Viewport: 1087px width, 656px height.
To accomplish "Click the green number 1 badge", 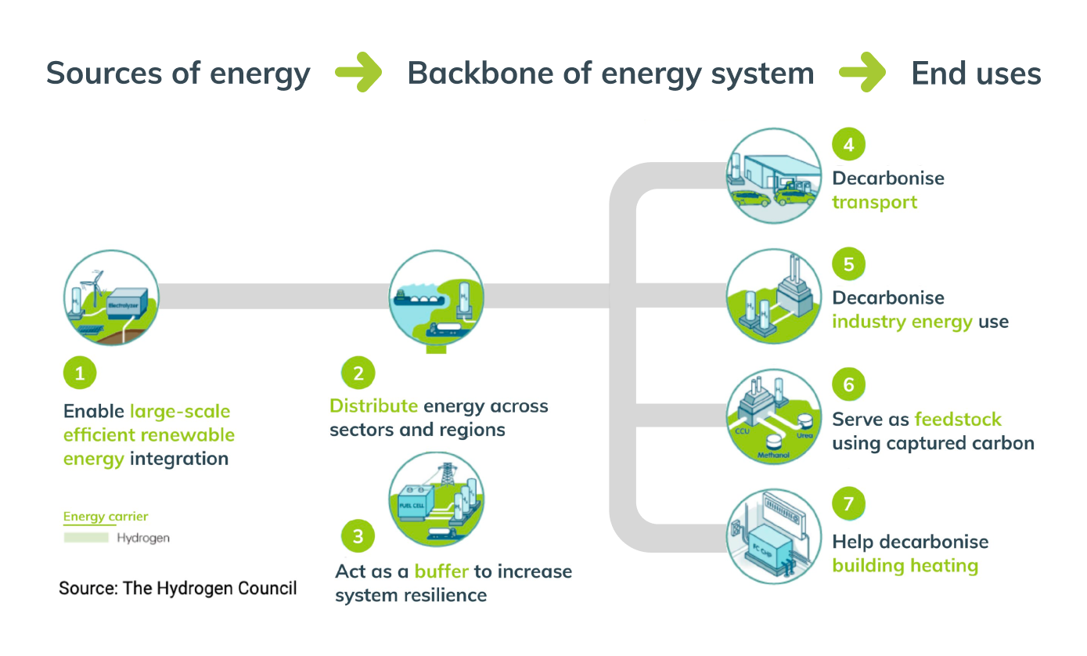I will [79, 373].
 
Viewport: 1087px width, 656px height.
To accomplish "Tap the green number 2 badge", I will [358, 373].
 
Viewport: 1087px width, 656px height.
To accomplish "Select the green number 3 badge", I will [358, 536].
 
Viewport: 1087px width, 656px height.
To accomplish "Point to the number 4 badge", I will [848, 144].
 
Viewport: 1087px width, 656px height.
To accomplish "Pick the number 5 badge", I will [848, 264].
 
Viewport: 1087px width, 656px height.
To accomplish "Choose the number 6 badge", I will [848, 384].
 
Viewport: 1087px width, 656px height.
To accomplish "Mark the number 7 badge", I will [848, 503].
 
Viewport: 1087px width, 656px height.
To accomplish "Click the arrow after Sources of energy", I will [358, 74].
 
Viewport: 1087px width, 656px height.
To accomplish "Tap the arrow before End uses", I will [862, 74].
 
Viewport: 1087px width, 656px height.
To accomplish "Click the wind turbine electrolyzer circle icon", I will [111, 298].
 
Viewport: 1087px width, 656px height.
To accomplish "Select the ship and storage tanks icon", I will [437, 298].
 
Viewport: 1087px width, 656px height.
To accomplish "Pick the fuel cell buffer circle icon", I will [437, 499].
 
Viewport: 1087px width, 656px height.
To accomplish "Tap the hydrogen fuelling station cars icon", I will [774, 176].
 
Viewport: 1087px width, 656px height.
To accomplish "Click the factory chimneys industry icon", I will [774, 297].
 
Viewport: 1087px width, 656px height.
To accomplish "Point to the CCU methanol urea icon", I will [774, 417].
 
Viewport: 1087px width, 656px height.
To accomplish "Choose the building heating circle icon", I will [774, 536].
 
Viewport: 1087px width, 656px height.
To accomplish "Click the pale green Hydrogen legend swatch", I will [86, 538].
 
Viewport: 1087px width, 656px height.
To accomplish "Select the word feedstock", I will [958, 419].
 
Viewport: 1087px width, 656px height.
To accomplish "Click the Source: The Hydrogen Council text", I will [178, 588].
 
